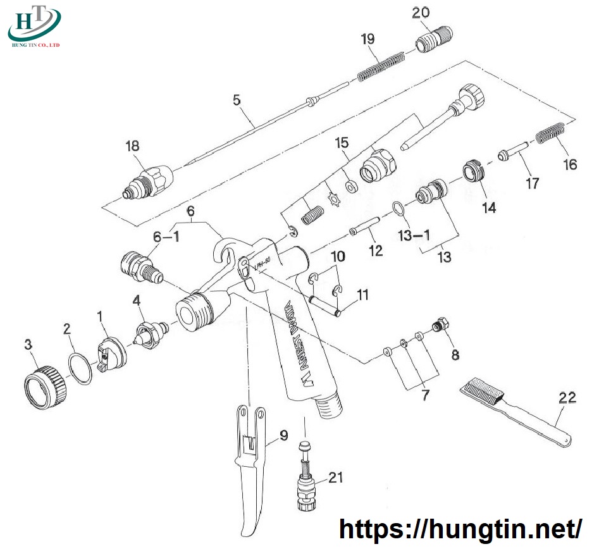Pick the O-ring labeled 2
(x=80, y=368)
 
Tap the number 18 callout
(x=132, y=145)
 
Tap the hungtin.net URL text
(x=460, y=528)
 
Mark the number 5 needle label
(x=237, y=99)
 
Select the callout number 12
(x=376, y=250)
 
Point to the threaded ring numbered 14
(x=473, y=170)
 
